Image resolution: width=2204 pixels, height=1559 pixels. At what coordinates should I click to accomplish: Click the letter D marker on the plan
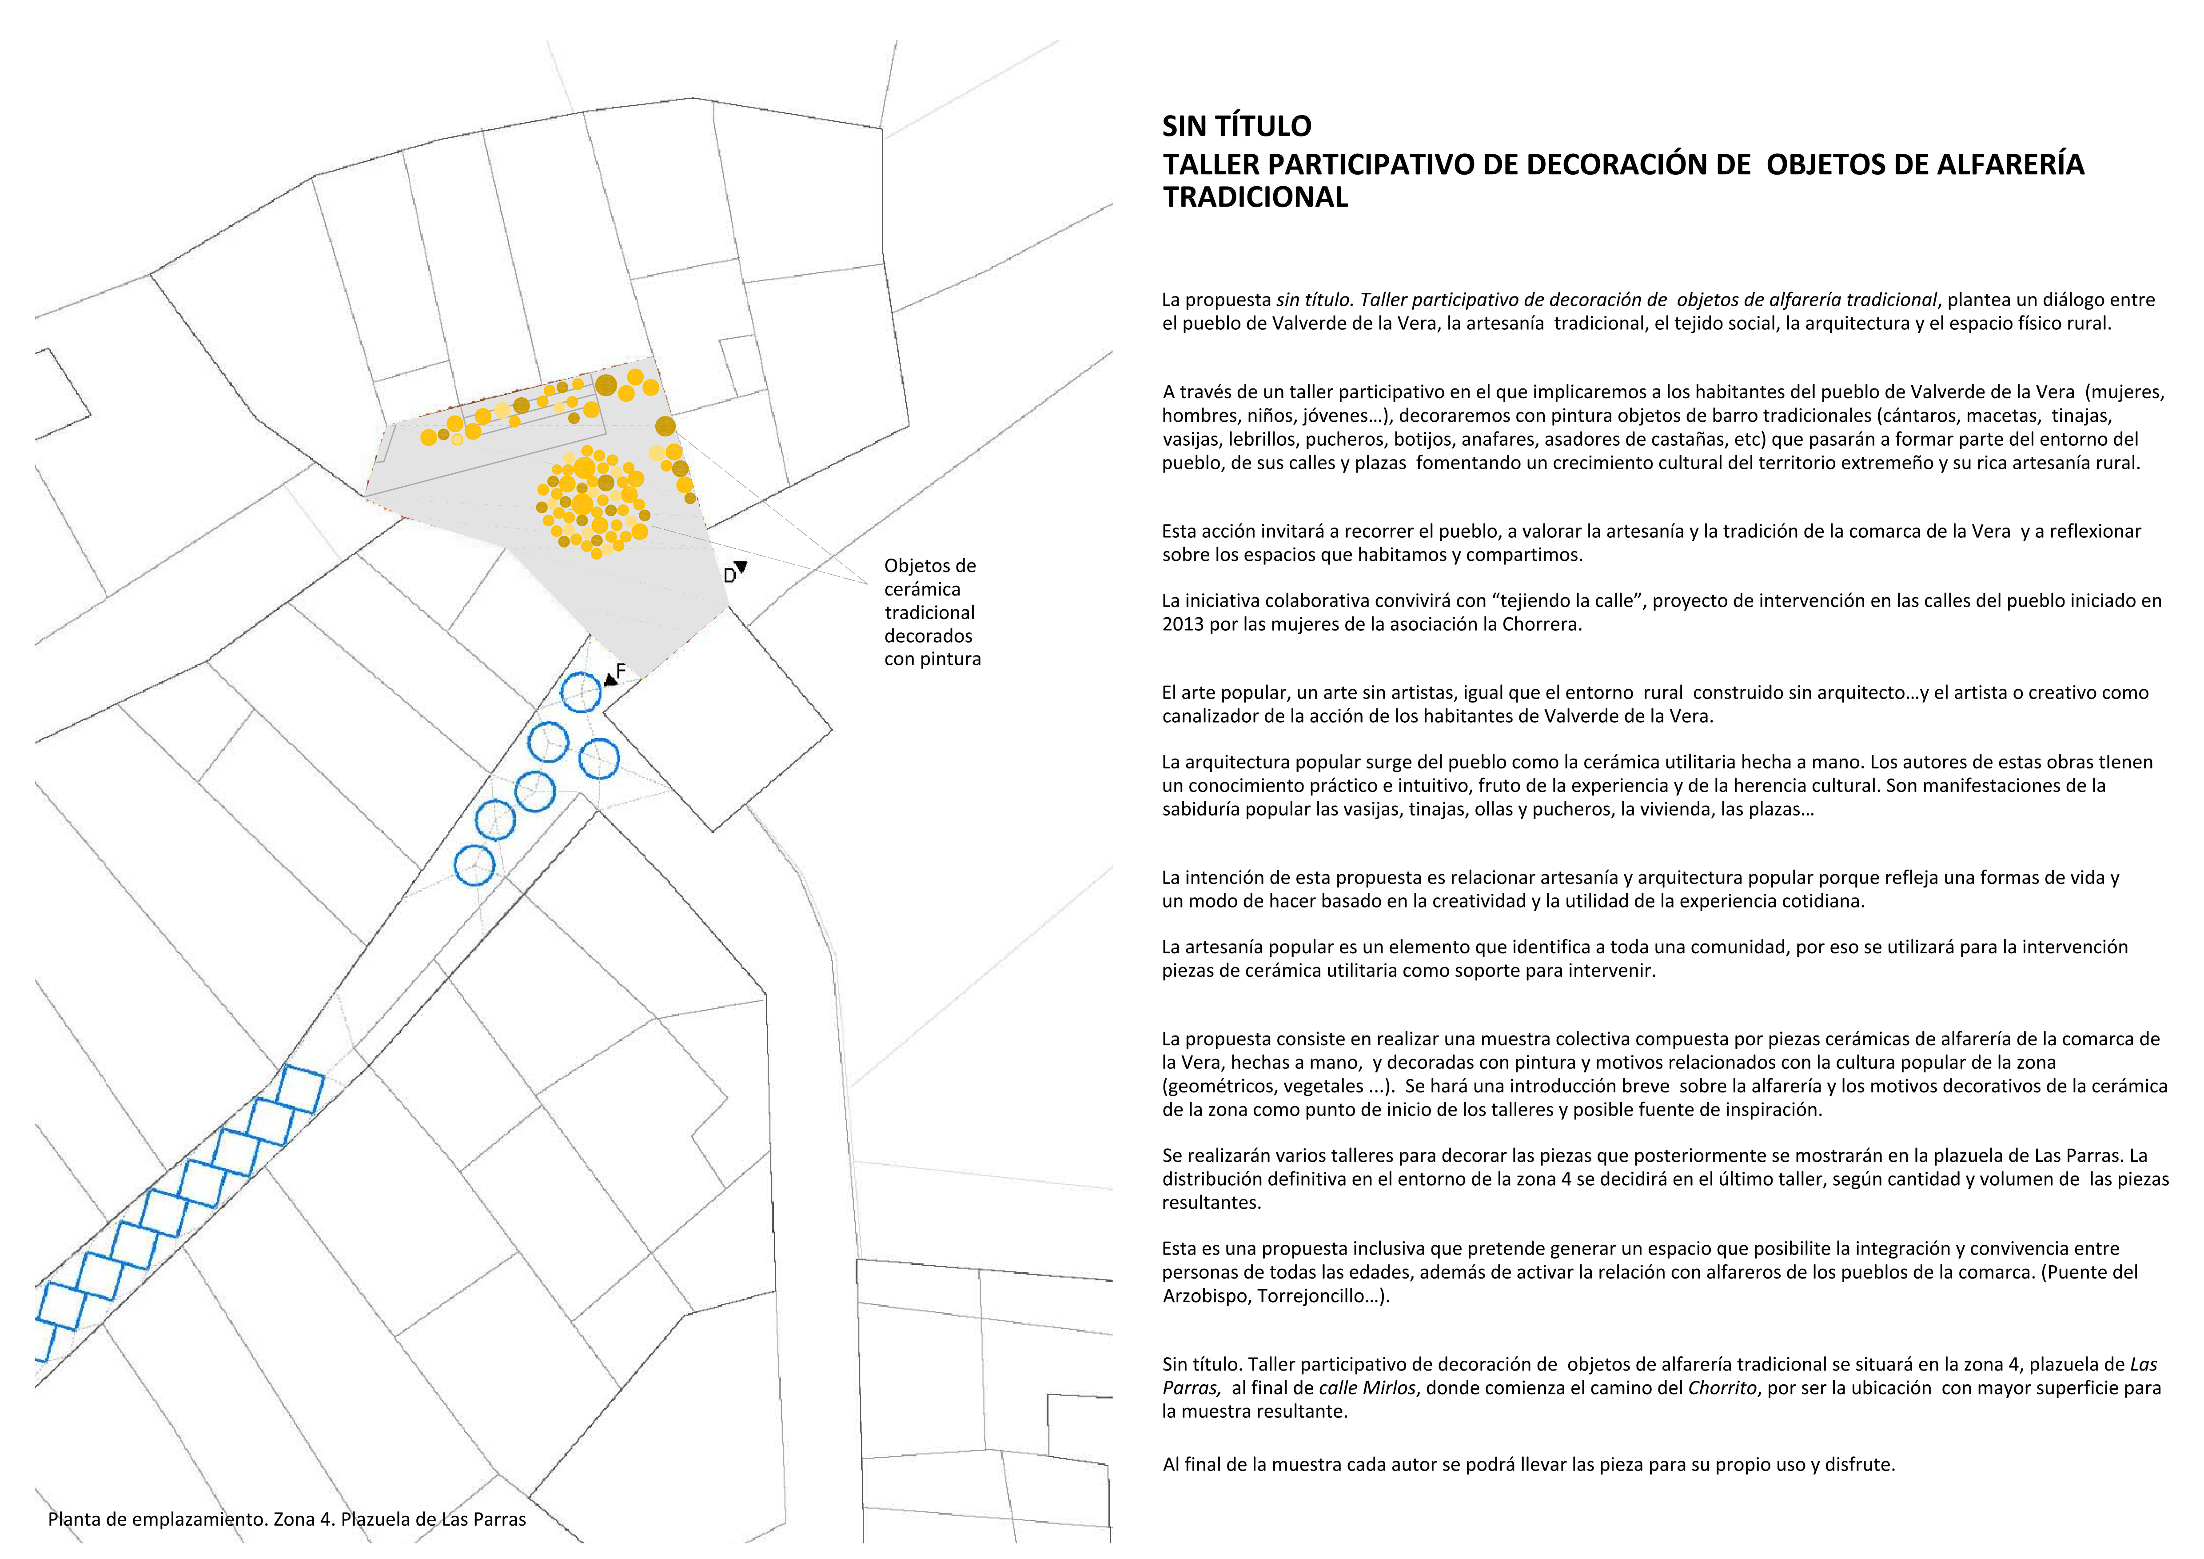[x=729, y=576]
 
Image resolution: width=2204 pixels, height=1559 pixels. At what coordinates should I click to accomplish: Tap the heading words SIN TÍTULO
[x=1236, y=126]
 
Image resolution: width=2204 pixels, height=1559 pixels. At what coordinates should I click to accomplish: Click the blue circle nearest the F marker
[x=581, y=692]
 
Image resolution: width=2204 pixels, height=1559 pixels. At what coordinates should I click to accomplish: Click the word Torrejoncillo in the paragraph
[x=1312, y=1296]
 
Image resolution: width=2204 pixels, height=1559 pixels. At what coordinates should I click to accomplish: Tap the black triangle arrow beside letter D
[x=741, y=568]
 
